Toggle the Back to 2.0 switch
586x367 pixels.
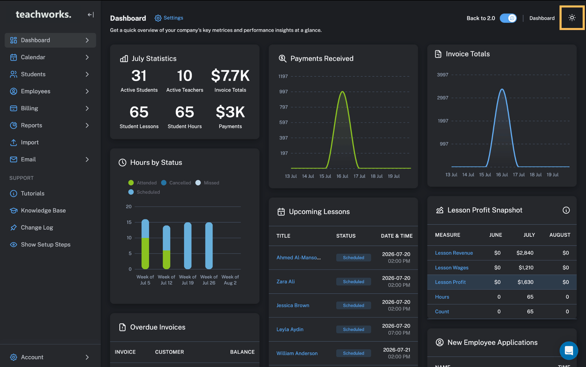[x=508, y=18]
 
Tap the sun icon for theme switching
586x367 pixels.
[x=572, y=18]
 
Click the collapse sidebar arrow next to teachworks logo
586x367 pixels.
[x=91, y=15]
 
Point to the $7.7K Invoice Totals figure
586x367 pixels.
[x=230, y=76]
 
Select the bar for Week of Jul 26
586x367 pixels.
[x=209, y=246]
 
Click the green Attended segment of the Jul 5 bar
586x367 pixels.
[x=145, y=254]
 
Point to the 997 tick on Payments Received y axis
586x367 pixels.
[x=284, y=92]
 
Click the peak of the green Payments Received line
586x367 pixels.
[x=342, y=91]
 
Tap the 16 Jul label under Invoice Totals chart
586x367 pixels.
[x=502, y=175]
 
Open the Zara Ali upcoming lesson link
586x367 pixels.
[x=285, y=282]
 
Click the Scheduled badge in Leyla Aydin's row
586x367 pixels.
[x=353, y=329]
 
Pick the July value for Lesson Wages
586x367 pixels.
[x=526, y=268]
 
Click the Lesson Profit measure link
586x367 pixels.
[x=450, y=282]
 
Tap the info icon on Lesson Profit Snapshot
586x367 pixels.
[x=566, y=210]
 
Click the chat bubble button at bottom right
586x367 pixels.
[x=569, y=351]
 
